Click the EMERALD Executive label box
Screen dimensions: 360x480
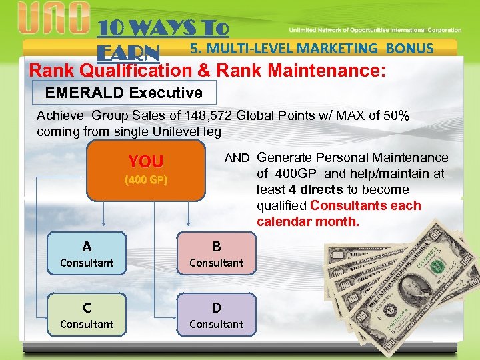[x=123, y=92]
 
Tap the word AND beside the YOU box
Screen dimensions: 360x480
[x=237, y=159]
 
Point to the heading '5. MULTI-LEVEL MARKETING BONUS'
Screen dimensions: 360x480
[x=311, y=48]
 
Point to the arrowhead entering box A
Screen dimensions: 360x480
[x=103, y=227]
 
